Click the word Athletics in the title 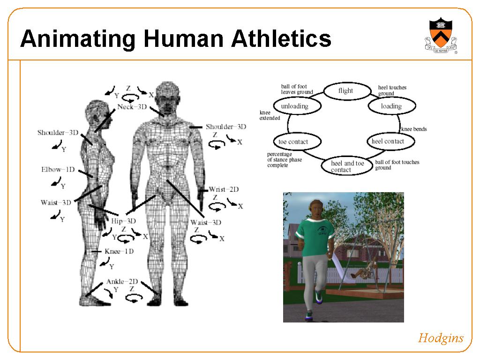click(x=281, y=38)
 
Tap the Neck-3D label click(x=132, y=107)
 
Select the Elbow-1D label click(x=58, y=170)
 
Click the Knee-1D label click(x=119, y=251)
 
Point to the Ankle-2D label click(x=122, y=281)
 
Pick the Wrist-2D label click(x=224, y=189)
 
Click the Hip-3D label click(x=123, y=221)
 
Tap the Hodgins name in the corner click(x=441, y=338)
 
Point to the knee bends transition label click(x=414, y=129)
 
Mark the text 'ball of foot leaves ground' click(x=297, y=89)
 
